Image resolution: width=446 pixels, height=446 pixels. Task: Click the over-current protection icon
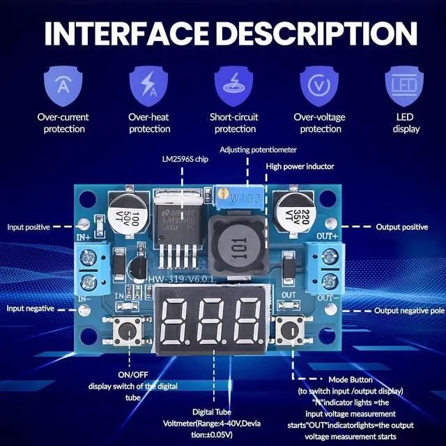63,84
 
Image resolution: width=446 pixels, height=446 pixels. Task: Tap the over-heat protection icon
149,84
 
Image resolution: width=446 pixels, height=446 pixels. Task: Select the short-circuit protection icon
235,84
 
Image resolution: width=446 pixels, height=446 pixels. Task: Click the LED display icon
406,84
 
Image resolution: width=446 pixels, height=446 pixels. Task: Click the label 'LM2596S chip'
185,159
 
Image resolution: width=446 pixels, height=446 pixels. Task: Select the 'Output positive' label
401,227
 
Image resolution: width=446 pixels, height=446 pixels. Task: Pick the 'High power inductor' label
300,166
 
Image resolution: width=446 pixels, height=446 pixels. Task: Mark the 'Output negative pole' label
409,311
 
